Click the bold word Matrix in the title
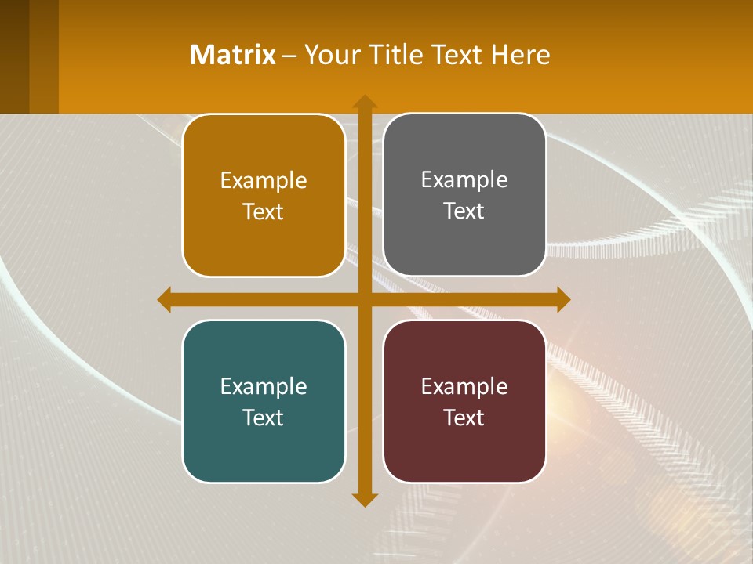click(233, 55)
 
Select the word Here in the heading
click(520, 55)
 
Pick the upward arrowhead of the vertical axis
click(364, 102)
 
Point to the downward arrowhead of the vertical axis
click(364, 499)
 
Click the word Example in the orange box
click(264, 181)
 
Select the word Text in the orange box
click(264, 211)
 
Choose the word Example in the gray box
click(464, 180)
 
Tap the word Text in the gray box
click(464, 211)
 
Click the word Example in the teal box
click(264, 386)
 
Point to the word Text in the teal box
click(264, 418)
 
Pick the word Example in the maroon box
click(464, 386)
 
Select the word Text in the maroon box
click(464, 418)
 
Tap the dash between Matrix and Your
click(289, 56)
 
